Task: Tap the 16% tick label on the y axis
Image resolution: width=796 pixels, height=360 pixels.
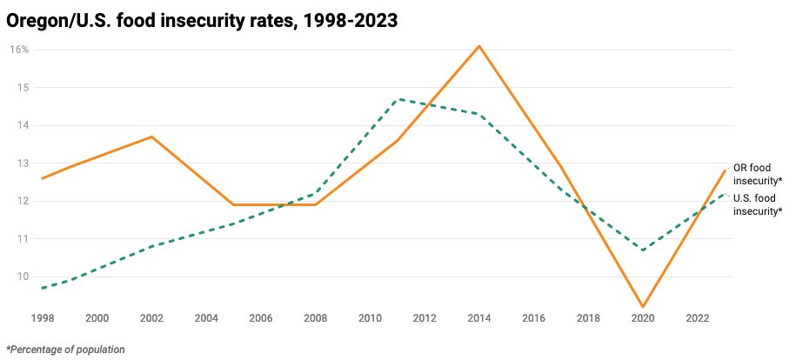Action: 19,50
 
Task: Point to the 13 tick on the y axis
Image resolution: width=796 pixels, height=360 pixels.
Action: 23,163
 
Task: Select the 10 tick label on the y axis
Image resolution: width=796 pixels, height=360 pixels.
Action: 23,277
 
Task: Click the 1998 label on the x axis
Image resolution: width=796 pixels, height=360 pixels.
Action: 43,317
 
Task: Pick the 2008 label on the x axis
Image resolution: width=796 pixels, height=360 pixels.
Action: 315,317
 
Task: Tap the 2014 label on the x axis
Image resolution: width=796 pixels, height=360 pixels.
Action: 479,317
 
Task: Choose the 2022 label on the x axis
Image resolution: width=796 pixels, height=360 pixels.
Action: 698,317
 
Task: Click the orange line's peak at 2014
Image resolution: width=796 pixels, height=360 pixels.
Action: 479,45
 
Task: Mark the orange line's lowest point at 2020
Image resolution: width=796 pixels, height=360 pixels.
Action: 643,307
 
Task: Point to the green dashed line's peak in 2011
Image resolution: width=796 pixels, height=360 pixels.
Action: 398,99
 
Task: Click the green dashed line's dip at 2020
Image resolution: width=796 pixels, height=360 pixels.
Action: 643,250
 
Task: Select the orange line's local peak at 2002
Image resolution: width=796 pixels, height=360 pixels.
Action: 151,137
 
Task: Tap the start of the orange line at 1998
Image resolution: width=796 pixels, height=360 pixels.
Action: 43,178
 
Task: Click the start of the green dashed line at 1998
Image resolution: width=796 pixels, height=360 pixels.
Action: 43,288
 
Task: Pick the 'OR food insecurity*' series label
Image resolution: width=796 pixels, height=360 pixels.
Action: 757,174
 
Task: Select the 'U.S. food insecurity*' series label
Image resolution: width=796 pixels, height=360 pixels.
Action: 757,204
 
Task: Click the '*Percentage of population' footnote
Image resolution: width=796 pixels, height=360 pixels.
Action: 65,350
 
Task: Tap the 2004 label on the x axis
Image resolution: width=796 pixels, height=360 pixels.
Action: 206,317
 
